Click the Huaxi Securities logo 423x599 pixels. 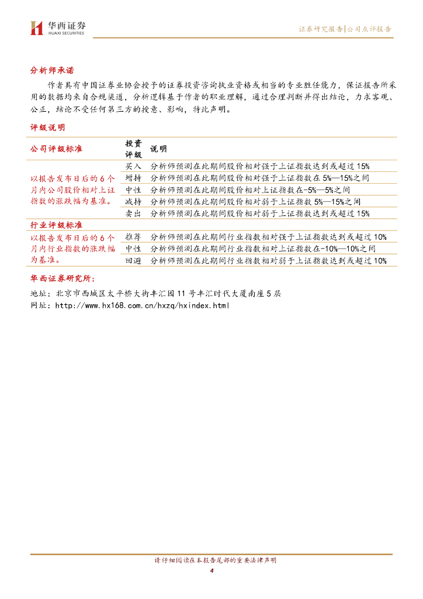pos(57,27)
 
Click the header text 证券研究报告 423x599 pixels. pos(321,29)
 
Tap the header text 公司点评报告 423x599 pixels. pos(369,29)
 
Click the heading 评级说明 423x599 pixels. pos(48,127)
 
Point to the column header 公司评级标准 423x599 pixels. pos(56,149)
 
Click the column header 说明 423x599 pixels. pos(158,149)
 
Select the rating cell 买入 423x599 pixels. pos(134,166)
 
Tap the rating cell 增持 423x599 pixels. pos(134,178)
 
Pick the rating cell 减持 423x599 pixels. pos(134,201)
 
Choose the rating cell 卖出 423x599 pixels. pos(134,214)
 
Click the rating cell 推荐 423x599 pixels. pos(134,237)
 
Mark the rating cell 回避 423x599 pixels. pos(134,261)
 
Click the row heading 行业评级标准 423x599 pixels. pos(56,225)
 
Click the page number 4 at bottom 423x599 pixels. pos(211,571)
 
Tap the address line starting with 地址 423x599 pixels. pos(155,293)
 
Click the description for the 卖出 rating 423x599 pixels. pos(260,214)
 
